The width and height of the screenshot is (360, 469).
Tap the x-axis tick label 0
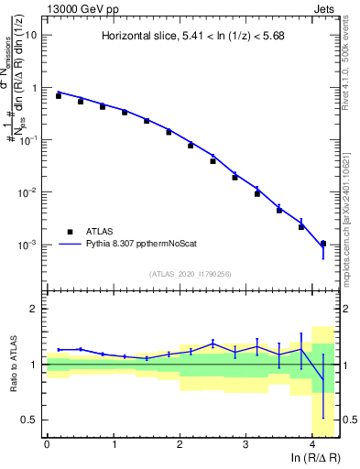click(47, 445)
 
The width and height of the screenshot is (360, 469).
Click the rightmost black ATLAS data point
click(322, 244)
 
